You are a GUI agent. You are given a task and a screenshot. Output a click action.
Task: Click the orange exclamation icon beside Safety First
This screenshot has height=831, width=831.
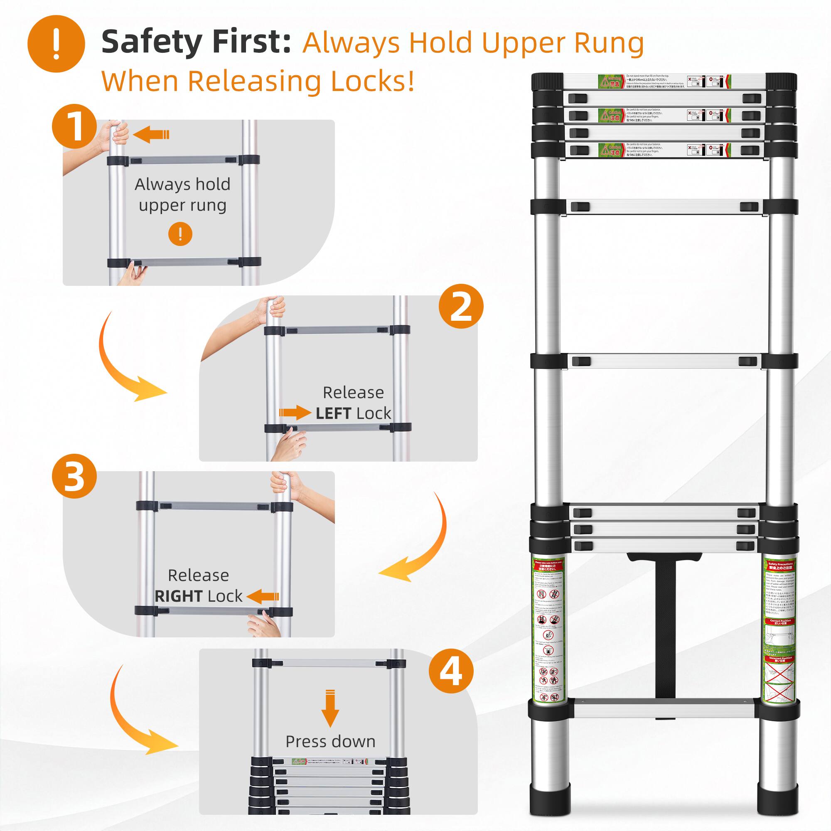(x=56, y=44)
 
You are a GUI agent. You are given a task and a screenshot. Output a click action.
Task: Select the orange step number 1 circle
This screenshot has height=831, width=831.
(x=74, y=126)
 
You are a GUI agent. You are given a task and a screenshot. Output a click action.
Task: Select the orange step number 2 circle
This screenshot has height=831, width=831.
(x=461, y=306)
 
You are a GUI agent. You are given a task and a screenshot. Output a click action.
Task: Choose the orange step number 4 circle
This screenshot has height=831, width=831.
(x=451, y=671)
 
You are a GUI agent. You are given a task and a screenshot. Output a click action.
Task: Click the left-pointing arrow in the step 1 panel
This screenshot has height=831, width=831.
(x=150, y=135)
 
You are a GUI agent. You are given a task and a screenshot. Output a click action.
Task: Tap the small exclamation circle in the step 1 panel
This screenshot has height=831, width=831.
(x=180, y=234)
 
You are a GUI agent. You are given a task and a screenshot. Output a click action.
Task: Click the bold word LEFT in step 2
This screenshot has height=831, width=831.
(x=333, y=413)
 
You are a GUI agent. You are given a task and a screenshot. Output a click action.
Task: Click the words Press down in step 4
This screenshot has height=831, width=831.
(x=330, y=742)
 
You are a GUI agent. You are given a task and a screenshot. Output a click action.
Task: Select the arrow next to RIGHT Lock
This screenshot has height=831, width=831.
(x=263, y=596)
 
